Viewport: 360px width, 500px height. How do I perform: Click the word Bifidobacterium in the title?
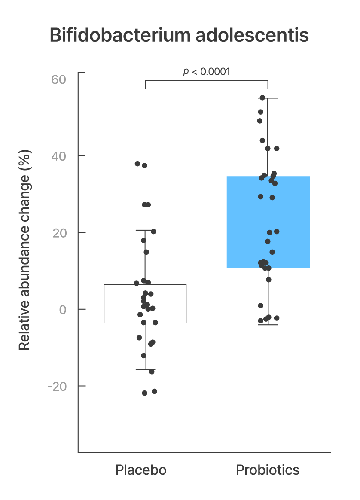120,35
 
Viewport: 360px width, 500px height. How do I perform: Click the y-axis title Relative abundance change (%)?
25,250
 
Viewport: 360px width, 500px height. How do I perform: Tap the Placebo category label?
141,470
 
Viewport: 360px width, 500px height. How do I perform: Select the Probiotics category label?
268,470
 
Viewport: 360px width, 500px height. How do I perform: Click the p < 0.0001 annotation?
207,71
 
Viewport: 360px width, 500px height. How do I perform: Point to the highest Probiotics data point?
262,98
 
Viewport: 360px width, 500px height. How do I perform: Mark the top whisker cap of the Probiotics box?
268,98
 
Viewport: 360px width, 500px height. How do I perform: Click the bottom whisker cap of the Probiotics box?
268,325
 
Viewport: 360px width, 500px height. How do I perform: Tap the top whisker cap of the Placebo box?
145,230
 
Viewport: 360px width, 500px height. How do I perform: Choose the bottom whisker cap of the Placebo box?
145,369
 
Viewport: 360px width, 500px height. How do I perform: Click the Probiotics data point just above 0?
261,305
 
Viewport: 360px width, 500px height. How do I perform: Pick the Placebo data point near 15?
146,252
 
